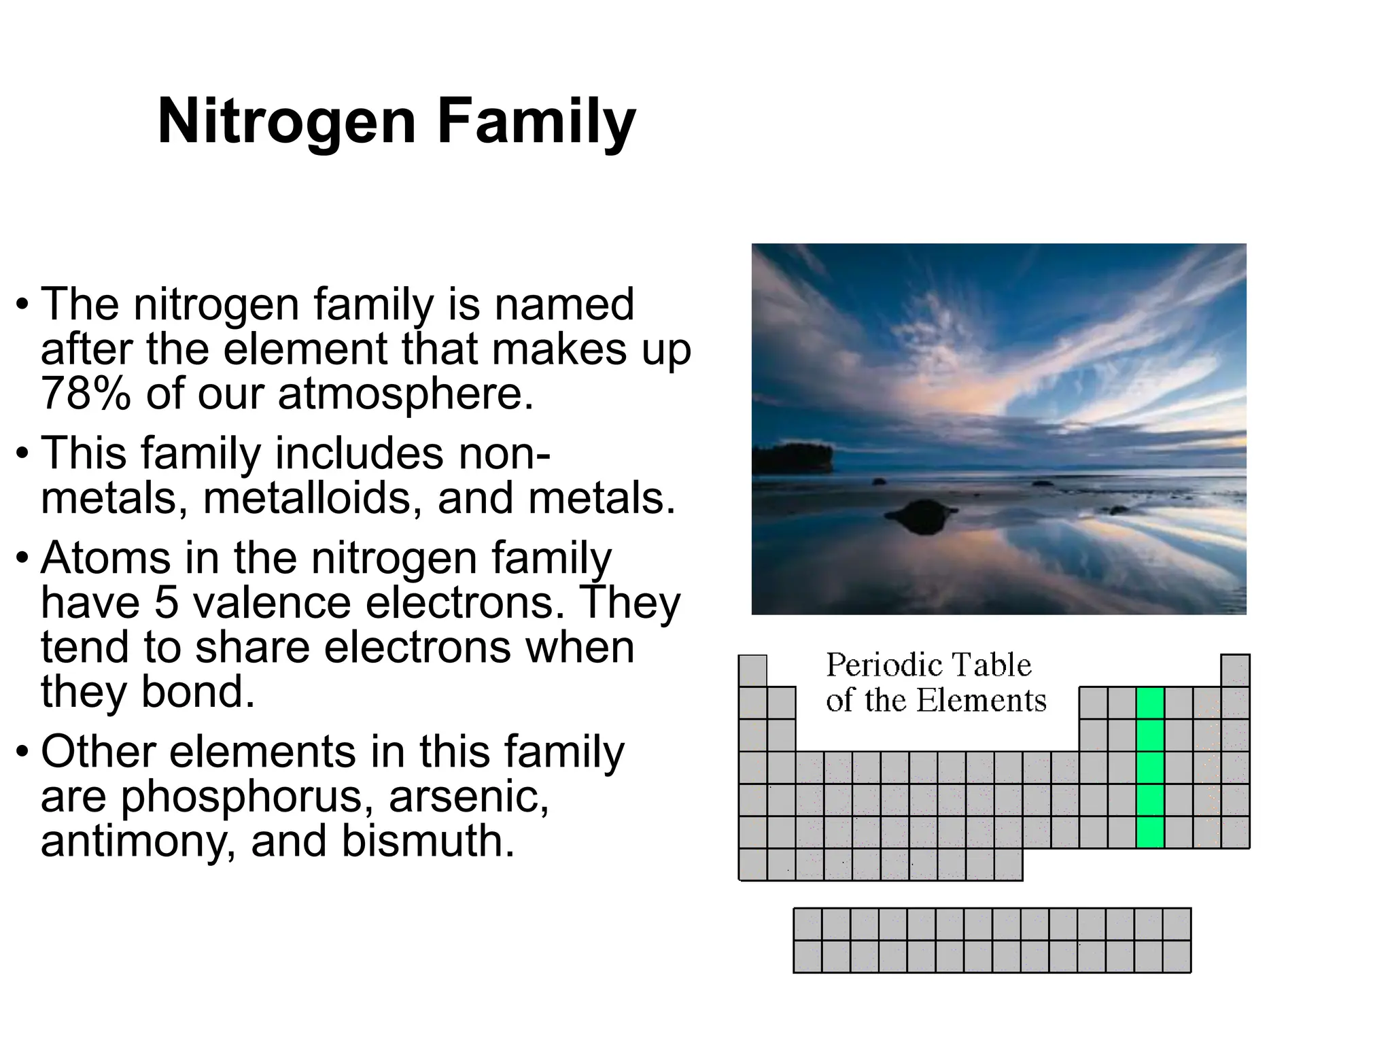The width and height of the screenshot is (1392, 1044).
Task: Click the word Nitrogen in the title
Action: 286,122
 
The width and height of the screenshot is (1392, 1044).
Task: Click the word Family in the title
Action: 536,122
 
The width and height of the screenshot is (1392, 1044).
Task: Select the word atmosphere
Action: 405,394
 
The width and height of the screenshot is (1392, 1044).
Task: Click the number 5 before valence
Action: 167,602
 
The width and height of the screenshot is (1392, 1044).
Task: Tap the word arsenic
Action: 468,797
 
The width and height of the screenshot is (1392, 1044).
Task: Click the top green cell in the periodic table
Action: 1150,703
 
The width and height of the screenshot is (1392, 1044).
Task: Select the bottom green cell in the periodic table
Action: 1150,832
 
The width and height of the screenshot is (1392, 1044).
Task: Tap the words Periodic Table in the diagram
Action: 928,665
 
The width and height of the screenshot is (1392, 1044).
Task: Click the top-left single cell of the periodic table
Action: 752,670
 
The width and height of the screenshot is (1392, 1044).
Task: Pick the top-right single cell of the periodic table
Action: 1235,670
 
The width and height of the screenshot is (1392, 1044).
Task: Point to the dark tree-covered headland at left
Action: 792,459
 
